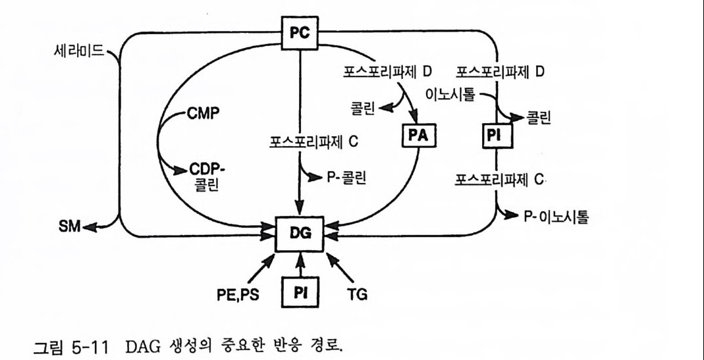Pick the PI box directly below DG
[300, 291]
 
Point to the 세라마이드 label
[80, 51]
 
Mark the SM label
[68, 227]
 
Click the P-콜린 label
[345, 177]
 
